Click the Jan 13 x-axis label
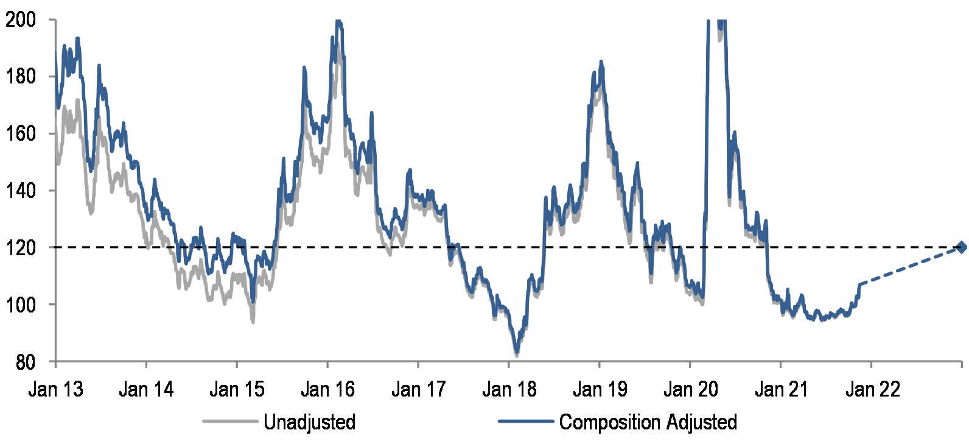point(55,389)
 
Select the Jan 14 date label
point(146,389)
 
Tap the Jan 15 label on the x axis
point(237,389)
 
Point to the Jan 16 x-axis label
point(327,389)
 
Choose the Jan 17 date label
point(418,389)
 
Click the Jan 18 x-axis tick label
point(509,389)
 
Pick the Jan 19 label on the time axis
point(600,389)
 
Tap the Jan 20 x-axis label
point(690,389)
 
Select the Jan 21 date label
point(781,389)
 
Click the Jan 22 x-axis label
point(872,389)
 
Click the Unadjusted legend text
point(309,422)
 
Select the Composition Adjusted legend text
point(648,422)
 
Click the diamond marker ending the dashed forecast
point(961,247)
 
